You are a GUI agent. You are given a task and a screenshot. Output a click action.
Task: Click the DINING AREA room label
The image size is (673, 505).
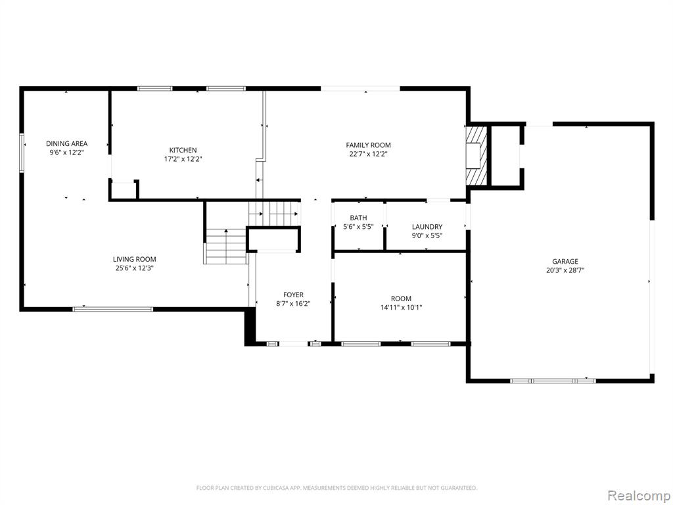[66, 143]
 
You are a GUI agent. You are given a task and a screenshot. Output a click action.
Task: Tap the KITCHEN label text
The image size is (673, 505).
[183, 151]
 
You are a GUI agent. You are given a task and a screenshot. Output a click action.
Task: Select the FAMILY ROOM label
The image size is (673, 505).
[368, 145]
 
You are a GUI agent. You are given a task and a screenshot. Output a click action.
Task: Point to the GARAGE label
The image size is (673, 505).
[565, 261]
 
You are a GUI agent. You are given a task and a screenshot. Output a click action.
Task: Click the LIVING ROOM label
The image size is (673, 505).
[134, 259]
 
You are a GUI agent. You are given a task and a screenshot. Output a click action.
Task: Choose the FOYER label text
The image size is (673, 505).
[293, 295]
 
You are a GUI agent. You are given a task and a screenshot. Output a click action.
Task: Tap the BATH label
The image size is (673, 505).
[358, 218]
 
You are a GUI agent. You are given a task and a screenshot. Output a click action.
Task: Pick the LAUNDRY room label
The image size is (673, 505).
[427, 227]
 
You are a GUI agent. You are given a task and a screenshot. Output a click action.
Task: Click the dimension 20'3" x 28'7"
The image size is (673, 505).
[565, 270]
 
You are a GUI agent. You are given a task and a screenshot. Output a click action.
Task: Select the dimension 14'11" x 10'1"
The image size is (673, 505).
[401, 308]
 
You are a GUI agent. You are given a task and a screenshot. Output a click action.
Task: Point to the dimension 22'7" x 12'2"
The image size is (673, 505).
[368, 154]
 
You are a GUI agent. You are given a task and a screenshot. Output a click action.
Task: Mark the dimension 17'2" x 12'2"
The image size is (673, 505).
[183, 159]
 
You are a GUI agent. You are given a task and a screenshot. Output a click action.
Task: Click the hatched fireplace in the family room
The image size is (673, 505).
[477, 155]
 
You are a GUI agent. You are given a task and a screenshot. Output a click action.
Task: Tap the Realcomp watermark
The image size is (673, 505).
[638, 495]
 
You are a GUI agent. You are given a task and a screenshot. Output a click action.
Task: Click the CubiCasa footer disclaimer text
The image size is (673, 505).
[336, 488]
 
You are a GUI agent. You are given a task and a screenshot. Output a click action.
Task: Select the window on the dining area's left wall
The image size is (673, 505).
[22, 153]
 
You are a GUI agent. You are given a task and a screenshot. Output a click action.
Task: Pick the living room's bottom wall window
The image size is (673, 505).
[113, 309]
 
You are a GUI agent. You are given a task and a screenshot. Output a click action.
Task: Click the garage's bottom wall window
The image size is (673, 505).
[553, 381]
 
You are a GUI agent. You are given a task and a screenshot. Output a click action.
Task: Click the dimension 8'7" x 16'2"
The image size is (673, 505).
[293, 304]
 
